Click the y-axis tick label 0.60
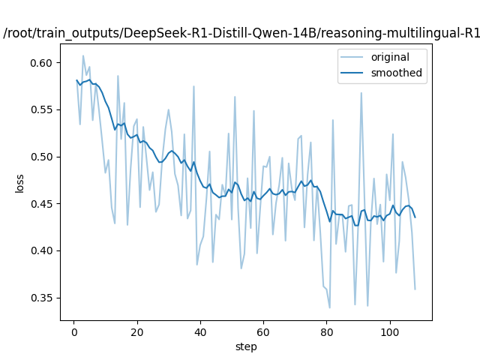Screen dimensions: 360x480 tap(43, 63)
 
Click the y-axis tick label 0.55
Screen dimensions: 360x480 tap(43, 109)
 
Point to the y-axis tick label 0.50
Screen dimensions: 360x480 tap(43, 157)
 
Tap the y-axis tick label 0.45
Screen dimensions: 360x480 tap(43, 204)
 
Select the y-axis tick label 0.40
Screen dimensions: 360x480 tap(43, 250)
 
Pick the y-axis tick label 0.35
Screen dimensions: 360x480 tap(43, 298)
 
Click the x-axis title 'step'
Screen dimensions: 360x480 tap(246, 346)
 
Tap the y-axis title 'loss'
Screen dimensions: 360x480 tap(20, 183)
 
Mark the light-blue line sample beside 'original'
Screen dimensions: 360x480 tap(354, 58)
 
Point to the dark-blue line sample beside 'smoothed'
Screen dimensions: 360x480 tap(354, 73)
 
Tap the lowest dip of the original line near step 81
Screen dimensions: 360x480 tap(329, 307)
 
